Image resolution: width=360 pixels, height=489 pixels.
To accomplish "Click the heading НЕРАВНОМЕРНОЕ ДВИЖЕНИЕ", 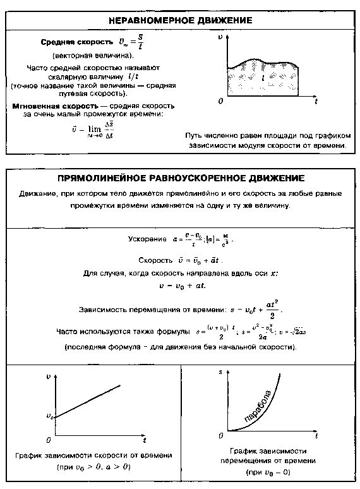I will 180,21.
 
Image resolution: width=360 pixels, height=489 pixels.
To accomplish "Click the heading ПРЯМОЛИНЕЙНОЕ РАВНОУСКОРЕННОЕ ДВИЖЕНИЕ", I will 181,178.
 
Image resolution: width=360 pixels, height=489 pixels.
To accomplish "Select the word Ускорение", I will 145,240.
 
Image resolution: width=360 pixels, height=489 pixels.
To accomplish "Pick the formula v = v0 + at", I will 181,286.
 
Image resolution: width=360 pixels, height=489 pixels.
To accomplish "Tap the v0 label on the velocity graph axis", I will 50,416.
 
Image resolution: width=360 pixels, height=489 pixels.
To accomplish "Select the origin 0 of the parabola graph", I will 221,436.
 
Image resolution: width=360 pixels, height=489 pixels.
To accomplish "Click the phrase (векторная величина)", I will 93,56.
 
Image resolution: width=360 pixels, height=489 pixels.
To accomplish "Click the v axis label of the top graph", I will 220,38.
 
